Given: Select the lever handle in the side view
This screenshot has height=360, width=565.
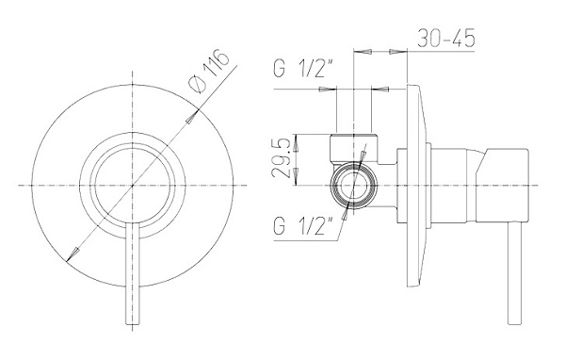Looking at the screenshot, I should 516,283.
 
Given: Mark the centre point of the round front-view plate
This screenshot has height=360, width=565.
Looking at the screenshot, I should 131,186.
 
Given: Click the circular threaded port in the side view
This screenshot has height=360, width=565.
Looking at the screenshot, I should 354,186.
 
